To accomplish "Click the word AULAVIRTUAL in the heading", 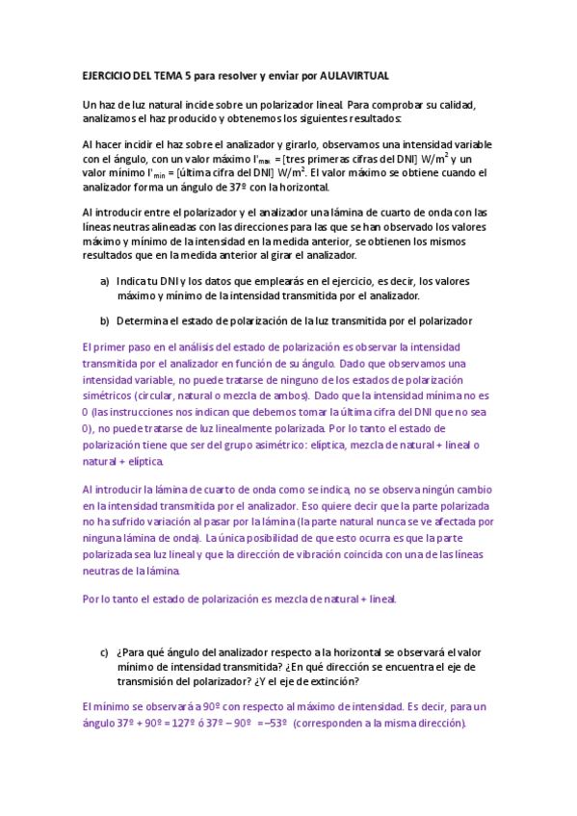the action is tap(354, 75).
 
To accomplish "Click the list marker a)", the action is tap(104, 281).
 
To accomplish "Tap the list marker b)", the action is tap(104, 320).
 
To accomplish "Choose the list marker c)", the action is tap(104, 652).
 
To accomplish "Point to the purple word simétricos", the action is tap(110, 395).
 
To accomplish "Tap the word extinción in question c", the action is tap(334, 681).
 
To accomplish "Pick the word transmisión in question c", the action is tap(147, 681).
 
